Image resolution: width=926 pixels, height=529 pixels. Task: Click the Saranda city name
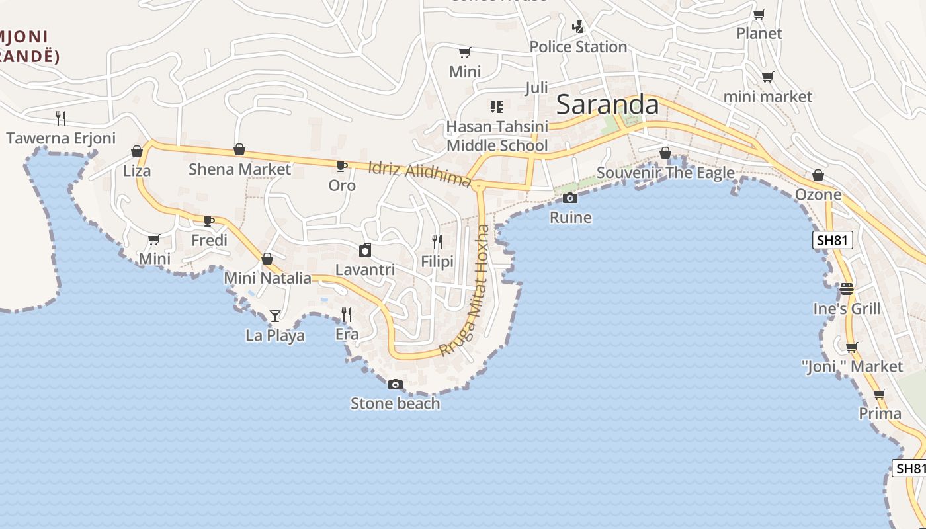(608, 104)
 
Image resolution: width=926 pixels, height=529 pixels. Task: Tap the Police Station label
(578, 47)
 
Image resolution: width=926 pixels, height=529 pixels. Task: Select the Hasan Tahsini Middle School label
(497, 136)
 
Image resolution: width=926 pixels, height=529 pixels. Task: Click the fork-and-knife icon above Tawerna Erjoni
(61, 118)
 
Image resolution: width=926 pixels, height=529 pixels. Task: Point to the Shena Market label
(239, 169)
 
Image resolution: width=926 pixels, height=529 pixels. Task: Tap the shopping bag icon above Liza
(137, 152)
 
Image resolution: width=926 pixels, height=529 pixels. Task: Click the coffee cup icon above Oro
(341, 166)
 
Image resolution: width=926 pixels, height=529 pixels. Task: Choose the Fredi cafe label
(209, 240)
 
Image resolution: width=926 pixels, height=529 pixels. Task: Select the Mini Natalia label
(267, 278)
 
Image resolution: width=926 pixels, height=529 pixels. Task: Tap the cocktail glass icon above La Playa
(275, 316)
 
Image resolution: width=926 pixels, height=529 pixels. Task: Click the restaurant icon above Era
(347, 314)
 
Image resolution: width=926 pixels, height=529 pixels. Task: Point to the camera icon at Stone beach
(395, 384)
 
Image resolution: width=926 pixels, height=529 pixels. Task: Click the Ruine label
(570, 218)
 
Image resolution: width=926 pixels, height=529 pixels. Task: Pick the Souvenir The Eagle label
(665, 173)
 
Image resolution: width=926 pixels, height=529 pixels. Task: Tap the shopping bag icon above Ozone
(818, 176)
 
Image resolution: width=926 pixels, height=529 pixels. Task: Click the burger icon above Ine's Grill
(847, 289)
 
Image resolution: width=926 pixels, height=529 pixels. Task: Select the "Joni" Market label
(852, 366)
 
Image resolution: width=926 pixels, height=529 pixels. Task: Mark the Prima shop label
(880, 414)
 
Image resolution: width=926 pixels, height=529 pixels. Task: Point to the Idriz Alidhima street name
(419, 175)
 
